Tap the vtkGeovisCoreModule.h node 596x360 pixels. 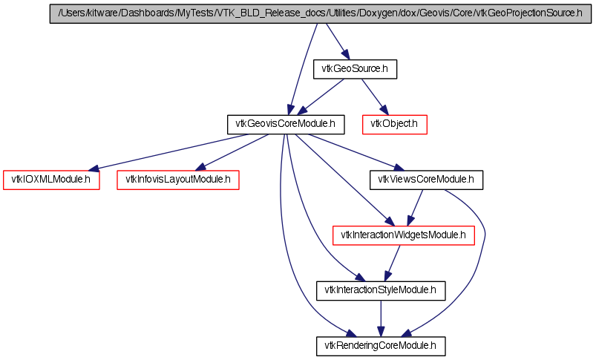click(286, 124)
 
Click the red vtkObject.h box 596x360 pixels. click(395, 124)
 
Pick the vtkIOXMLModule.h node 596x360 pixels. click(51, 179)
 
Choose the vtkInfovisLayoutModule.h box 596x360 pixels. click(178, 179)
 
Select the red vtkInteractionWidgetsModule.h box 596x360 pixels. click(403, 235)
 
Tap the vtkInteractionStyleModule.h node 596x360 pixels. click(381, 290)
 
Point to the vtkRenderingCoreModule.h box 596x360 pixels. click(381, 345)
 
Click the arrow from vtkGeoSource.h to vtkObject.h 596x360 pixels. click(375, 96)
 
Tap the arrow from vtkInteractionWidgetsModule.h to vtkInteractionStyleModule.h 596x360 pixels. click(392, 263)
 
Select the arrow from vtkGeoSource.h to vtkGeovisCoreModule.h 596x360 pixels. click(319, 97)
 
